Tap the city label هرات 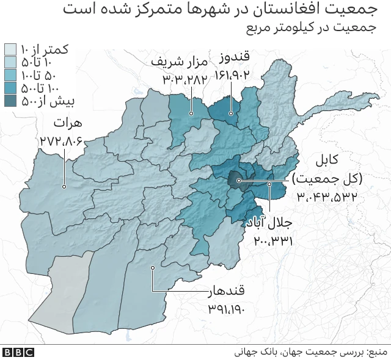point(67,123)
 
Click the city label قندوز point(235,59)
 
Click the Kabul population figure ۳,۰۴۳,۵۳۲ point(327,196)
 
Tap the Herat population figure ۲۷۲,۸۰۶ point(61,142)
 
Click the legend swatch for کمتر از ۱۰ point(11,49)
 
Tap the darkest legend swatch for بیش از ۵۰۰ point(11,101)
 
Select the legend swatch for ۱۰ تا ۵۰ point(11,62)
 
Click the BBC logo point(18,352)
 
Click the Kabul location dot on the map point(239,181)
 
